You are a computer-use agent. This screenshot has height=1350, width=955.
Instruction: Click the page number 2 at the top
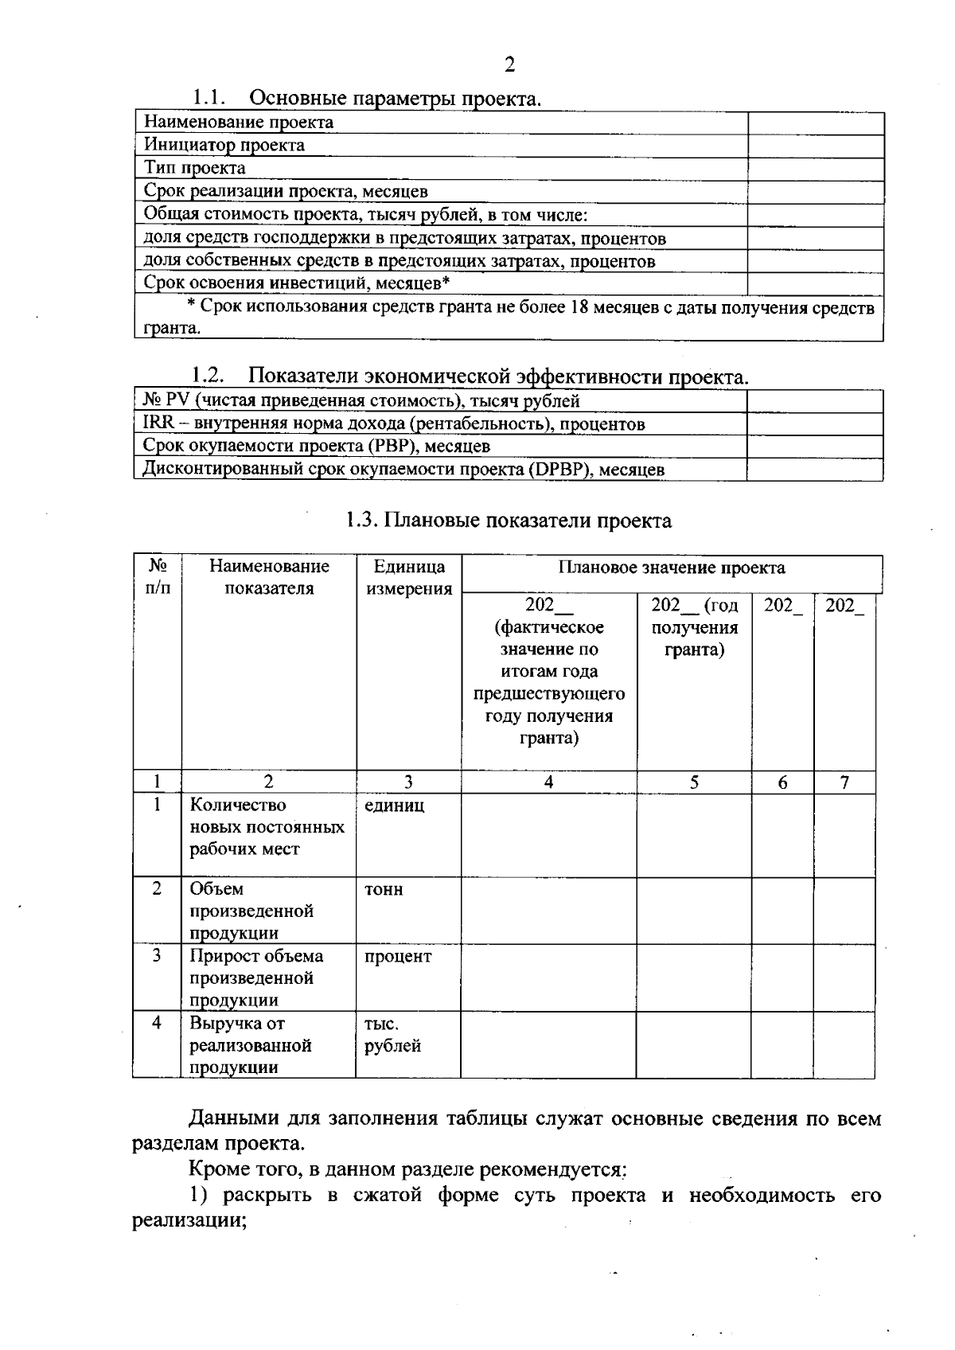coord(509,65)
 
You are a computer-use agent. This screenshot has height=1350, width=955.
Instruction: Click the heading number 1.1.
coord(209,98)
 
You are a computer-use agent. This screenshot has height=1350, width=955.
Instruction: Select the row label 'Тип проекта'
coord(195,168)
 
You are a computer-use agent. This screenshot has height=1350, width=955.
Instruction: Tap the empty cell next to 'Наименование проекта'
coord(815,123)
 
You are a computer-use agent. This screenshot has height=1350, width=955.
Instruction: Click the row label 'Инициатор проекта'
coord(224,145)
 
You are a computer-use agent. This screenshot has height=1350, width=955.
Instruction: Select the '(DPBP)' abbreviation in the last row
coord(559,470)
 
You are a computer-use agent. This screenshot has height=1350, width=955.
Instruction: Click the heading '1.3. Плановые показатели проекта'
coord(509,521)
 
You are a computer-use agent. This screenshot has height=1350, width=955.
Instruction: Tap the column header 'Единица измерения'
coord(408,577)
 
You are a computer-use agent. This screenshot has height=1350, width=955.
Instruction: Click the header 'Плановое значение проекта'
coord(671,568)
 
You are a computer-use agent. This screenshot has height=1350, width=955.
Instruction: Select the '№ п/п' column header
coord(158,577)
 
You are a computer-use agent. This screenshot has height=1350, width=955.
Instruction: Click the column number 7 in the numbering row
coord(844,782)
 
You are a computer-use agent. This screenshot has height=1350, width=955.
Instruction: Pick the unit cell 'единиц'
coord(395,806)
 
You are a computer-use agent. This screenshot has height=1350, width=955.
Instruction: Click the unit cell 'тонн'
coord(384,890)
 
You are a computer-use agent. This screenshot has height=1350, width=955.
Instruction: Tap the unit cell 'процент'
coord(398,957)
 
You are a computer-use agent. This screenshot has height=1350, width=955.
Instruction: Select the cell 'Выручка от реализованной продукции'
coord(250,1045)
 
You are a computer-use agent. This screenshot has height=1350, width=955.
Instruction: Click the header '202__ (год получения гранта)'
coord(694,627)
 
